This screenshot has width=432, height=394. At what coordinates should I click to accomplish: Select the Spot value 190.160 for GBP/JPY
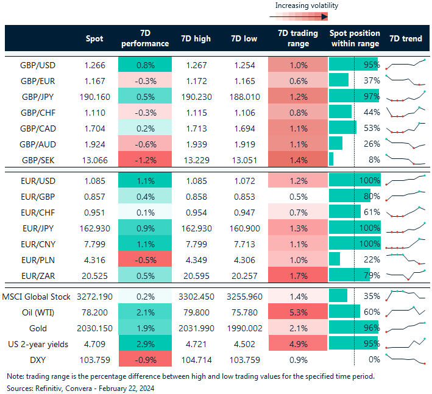point(94,96)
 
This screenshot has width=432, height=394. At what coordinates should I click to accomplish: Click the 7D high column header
point(196,38)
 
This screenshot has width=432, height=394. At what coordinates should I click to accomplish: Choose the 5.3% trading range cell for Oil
point(298,311)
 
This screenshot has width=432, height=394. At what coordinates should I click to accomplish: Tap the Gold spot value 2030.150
point(94,327)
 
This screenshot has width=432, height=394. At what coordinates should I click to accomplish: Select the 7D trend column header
point(405,38)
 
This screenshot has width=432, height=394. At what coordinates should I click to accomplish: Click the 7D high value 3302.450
point(196,295)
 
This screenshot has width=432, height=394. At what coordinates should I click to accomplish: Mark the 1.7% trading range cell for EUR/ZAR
point(298,275)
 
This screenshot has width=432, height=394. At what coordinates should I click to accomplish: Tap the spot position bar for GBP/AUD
point(336,144)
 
